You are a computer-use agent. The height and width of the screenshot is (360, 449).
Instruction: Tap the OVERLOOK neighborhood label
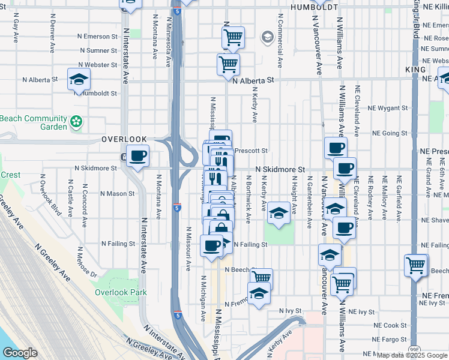(x=124, y=139)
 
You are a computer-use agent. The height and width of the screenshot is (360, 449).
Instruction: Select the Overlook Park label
(x=121, y=293)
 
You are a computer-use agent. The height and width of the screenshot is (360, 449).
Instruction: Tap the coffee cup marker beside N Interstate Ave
(x=137, y=157)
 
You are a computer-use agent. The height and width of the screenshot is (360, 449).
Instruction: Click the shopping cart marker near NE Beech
(x=416, y=265)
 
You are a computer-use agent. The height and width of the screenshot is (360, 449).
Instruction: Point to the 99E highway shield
(x=415, y=348)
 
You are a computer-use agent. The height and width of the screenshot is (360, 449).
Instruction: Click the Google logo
(x=20, y=353)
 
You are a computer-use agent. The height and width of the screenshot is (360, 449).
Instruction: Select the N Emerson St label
(x=101, y=36)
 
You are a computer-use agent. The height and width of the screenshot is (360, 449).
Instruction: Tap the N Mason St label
(x=117, y=194)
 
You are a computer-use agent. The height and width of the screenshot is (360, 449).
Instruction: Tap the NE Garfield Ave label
(x=399, y=193)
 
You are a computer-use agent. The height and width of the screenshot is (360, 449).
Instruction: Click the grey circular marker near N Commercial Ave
(x=267, y=37)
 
